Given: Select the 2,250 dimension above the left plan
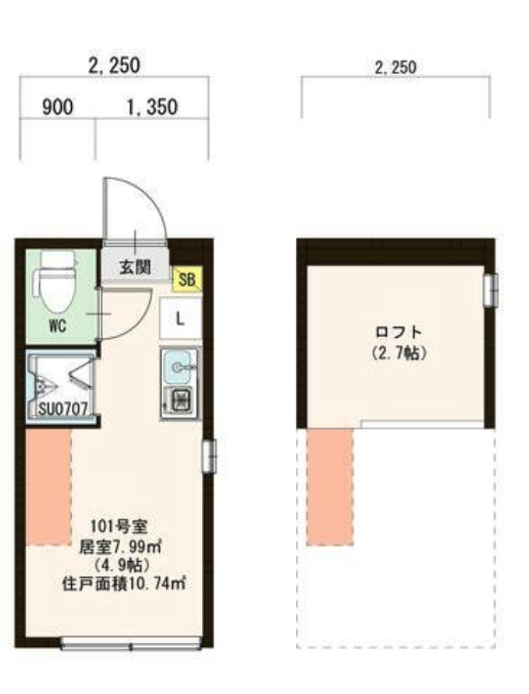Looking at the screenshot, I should [114, 66].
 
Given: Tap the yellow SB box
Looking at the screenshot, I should [187, 279].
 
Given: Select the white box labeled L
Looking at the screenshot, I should [180, 318].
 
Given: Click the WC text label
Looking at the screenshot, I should [58, 328].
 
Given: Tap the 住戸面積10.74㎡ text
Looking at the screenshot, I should [122, 584].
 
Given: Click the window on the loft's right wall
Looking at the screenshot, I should [488, 290].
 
